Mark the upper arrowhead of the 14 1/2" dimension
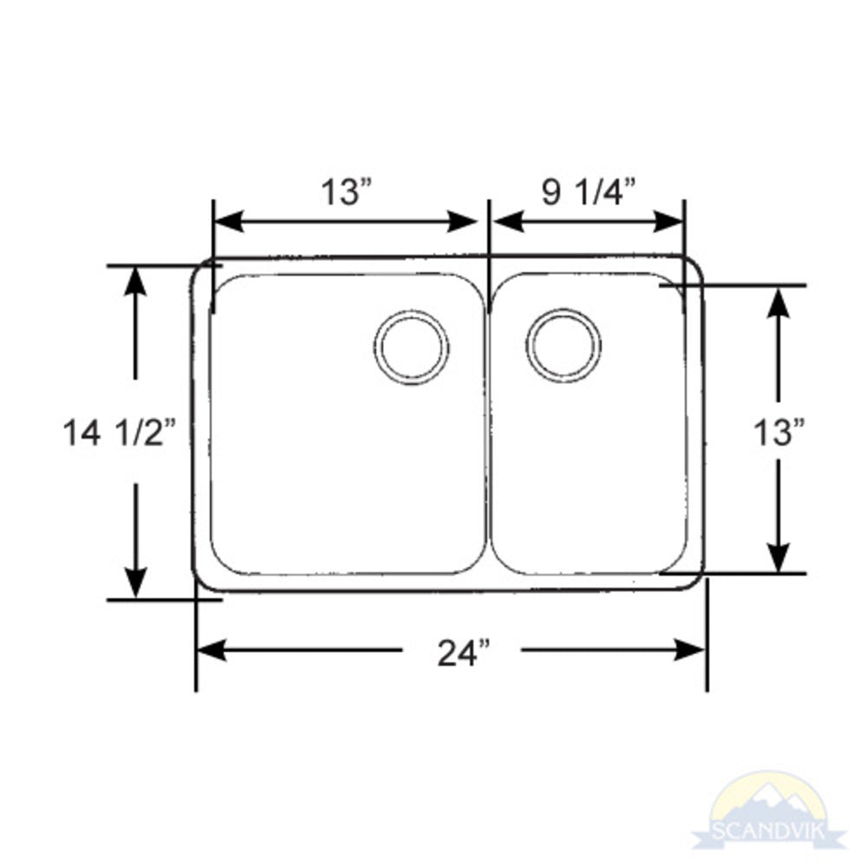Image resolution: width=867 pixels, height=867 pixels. [x=135, y=282]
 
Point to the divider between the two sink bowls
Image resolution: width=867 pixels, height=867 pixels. [x=488, y=425]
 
